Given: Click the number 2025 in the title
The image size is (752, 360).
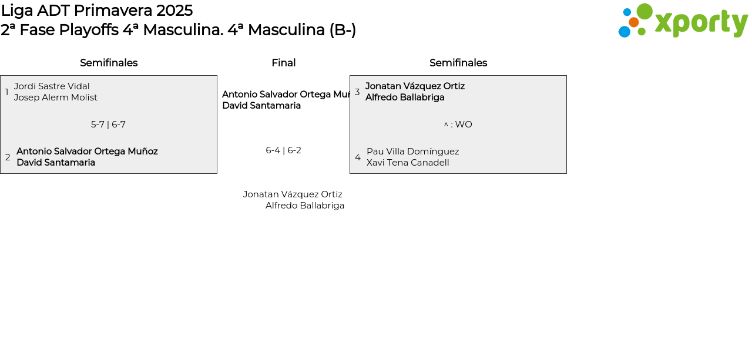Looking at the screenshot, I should click(174, 11).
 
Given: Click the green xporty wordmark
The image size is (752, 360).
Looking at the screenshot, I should click(701, 23).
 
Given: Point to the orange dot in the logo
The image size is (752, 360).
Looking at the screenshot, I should click(633, 22).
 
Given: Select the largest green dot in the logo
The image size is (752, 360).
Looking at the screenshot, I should click(644, 11).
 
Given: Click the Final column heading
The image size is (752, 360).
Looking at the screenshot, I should click(283, 63).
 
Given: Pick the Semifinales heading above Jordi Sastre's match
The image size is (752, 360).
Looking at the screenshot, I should click(109, 63).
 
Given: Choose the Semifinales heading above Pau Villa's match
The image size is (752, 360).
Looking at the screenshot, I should click(458, 63).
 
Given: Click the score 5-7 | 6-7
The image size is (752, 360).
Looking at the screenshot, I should click(108, 125).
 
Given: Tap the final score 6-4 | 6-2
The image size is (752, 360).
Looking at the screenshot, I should click(283, 150).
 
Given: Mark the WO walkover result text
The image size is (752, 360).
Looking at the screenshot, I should click(463, 125).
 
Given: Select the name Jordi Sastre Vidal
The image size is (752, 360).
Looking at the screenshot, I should click(52, 86).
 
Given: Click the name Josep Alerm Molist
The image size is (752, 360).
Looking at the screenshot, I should click(56, 97).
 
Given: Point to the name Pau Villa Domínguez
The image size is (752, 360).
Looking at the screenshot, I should click(412, 152).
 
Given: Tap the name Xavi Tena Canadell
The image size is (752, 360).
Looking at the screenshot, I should click(408, 163).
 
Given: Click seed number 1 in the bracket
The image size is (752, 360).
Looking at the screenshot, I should click(7, 92).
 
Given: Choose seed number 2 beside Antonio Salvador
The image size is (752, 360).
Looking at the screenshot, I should click(8, 157).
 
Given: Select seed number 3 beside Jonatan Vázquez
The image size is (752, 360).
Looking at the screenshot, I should click(357, 92).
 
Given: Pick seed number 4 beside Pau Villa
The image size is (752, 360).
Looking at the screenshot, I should click(358, 157).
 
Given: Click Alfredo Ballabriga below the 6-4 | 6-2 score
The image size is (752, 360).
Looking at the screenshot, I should click(305, 206).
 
